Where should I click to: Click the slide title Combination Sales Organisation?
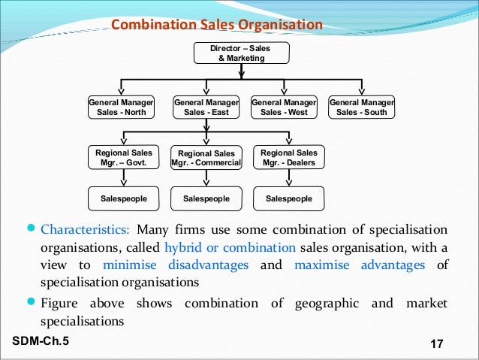coord(217,26)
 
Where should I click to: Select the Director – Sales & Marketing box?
coord(240,53)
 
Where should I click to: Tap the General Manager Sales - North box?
coord(122,107)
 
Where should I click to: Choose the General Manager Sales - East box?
coord(206,107)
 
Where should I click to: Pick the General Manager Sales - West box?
coord(283,107)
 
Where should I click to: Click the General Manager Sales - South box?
coord(362,107)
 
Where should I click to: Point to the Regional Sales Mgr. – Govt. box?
coord(124,157)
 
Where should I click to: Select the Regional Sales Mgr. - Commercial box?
coord(206,158)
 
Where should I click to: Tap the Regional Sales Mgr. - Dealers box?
coord(288,157)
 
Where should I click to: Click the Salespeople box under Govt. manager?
coord(124,198)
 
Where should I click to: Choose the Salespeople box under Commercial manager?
coord(206,198)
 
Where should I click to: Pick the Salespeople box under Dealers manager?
coord(288,198)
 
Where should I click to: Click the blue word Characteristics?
coord(86,229)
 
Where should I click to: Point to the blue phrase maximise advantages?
coord(360,265)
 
